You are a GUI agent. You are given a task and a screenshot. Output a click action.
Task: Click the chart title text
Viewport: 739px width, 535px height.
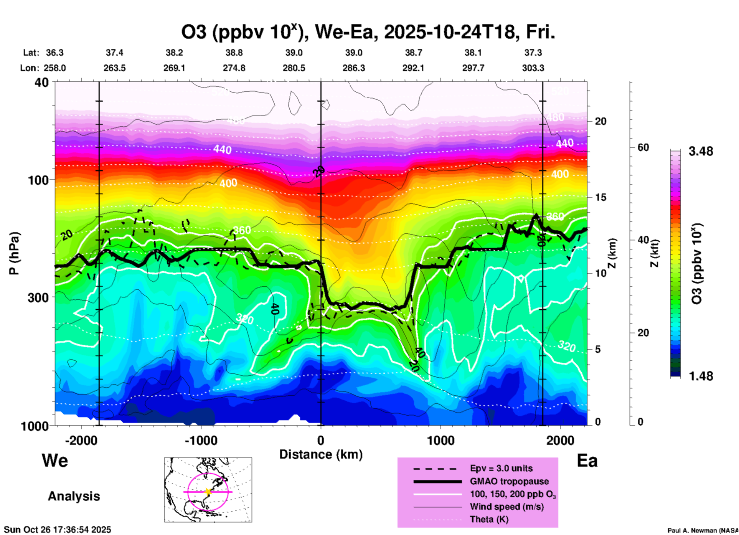[x=368, y=32]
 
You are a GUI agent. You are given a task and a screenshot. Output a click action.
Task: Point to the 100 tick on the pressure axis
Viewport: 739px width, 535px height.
[x=40, y=180]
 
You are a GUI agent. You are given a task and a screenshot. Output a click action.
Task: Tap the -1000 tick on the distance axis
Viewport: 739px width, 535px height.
[x=201, y=440]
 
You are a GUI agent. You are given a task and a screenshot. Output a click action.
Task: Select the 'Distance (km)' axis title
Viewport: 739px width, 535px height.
[x=321, y=454]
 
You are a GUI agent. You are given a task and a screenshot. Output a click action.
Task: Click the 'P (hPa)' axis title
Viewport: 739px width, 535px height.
[x=14, y=253]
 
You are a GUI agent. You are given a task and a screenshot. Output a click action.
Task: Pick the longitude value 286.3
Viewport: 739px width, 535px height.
[x=353, y=68]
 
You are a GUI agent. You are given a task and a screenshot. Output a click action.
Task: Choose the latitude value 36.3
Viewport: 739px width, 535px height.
[x=54, y=53]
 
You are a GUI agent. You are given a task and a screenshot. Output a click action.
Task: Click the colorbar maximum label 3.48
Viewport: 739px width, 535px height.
[x=701, y=151]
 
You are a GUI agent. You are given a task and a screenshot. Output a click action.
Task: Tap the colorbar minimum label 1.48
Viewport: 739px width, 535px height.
[x=701, y=376]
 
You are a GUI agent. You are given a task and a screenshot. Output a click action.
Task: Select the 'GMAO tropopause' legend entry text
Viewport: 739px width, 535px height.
[x=509, y=481]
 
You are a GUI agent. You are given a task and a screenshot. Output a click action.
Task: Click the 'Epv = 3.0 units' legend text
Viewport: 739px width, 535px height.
[x=501, y=468]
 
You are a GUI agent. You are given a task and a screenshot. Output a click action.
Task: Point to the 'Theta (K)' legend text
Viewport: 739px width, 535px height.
[x=489, y=519]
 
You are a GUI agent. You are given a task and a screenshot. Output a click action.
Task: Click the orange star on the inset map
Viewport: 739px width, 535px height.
[x=208, y=492]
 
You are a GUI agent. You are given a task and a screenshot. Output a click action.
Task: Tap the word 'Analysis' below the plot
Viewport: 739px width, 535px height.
[x=74, y=496]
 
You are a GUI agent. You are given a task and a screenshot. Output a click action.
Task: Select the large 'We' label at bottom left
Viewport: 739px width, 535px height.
[x=55, y=460]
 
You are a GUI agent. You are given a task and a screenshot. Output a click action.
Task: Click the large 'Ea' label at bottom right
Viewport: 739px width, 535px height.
[x=587, y=461]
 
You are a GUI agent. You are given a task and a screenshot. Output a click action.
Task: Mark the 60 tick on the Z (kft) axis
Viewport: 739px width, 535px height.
[x=643, y=147]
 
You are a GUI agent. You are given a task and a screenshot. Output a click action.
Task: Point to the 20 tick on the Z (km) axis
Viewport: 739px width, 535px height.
[x=600, y=121]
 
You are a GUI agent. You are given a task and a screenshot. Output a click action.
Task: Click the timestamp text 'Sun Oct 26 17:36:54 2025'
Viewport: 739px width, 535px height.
[x=58, y=530]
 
